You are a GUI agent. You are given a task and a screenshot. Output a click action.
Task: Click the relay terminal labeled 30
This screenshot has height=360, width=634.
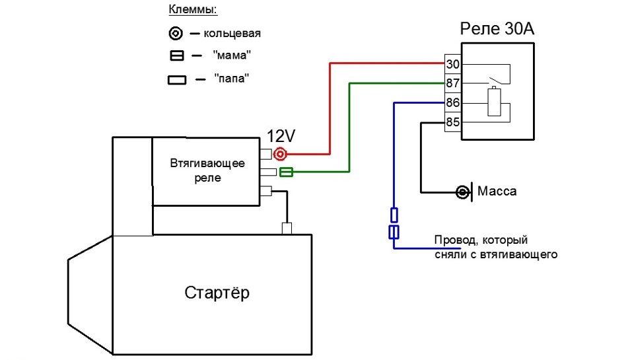453,64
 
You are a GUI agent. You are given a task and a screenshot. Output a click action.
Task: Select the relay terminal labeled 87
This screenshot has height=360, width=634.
453,83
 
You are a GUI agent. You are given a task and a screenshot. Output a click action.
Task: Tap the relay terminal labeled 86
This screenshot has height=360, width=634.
453,103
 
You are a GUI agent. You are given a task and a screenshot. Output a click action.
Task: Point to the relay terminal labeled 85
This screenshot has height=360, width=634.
453,122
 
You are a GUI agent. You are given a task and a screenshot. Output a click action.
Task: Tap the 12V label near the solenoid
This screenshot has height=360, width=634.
281,137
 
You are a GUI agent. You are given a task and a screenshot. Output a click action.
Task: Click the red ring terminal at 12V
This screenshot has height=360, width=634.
280,155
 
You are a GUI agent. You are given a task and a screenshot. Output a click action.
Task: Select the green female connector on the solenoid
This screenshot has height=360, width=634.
287,172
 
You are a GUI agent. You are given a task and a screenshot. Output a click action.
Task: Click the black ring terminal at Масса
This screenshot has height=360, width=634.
463,192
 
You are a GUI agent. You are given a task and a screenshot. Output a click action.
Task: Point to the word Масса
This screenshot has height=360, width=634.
497,192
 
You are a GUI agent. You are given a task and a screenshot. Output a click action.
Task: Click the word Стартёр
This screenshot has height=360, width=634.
217,293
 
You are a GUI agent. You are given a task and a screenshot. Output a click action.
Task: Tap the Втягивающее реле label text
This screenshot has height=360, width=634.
207,170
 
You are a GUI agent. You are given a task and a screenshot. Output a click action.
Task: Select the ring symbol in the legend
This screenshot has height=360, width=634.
176,33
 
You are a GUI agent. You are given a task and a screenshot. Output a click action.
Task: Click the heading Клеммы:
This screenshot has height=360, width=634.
194,10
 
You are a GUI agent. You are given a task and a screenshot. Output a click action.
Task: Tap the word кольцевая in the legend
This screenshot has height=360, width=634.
232,33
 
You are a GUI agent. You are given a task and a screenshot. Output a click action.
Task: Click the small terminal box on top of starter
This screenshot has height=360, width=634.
287,229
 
